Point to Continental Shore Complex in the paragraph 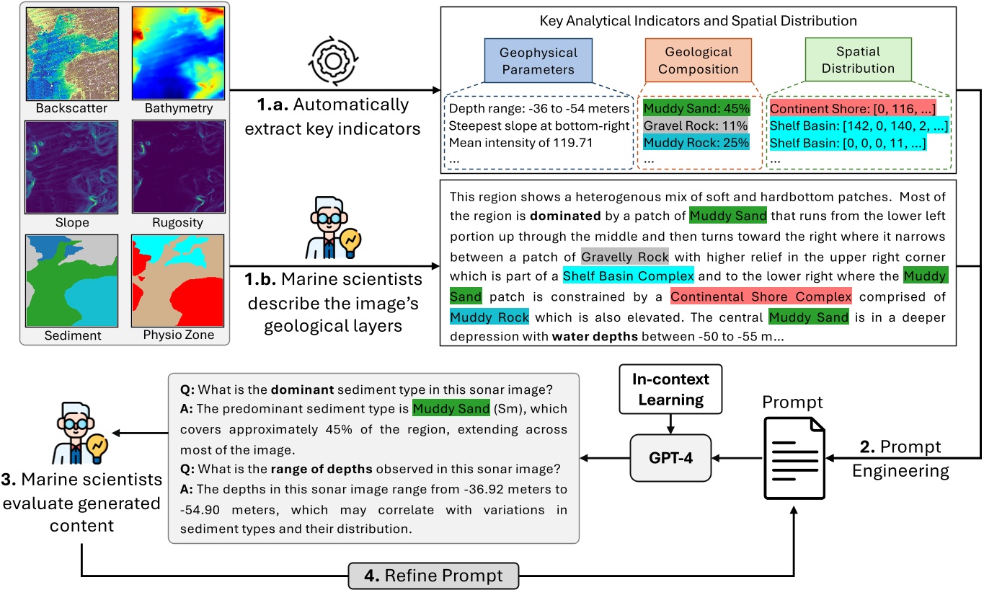coord(761,296)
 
